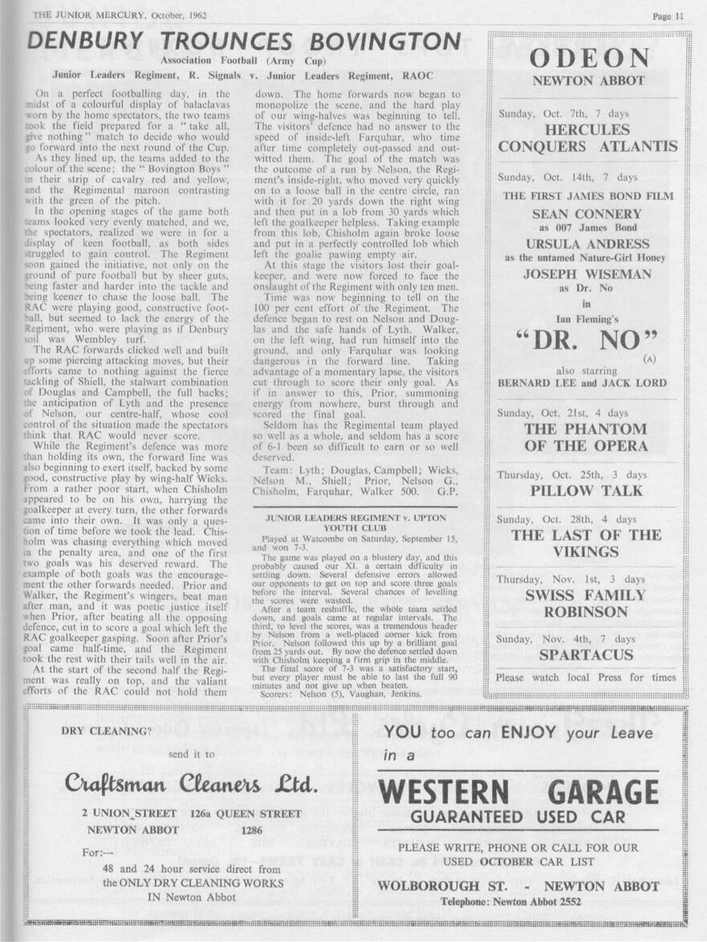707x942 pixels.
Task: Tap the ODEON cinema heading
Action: point(589,59)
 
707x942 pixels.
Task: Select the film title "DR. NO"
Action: point(589,339)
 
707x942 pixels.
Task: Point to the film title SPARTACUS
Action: point(587,655)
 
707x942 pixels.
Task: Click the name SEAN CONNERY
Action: point(587,214)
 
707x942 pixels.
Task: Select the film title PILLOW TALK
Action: point(587,490)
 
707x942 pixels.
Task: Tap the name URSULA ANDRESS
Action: point(587,244)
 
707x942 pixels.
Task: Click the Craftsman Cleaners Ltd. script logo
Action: point(192,782)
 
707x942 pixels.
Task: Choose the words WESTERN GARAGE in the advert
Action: point(518,792)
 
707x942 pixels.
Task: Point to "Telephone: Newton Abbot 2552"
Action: point(518,901)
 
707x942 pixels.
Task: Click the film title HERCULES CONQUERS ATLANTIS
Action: point(587,138)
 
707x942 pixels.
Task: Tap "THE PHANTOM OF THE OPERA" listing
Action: point(587,437)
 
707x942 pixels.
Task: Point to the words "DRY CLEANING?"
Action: point(105,731)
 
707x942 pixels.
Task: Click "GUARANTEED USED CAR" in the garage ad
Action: point(518,817)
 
